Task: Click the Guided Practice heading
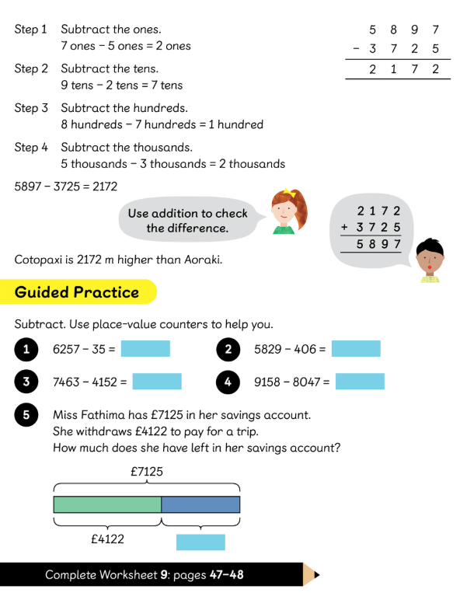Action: click(77, 292)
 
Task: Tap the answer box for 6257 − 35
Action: click(145, 349)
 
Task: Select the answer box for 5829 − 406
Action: click(356, 349)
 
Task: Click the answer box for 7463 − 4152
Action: click(157, 382)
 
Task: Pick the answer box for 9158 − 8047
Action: click(360, 382)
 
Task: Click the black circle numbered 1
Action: click(26, 350)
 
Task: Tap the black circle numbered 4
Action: click(228, 382)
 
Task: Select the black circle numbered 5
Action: click(26, 416)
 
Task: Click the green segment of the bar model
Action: click(107, 504)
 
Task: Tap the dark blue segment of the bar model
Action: click(200, 504)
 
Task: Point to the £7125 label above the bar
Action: click(146, 471)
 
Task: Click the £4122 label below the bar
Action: click(106, 539)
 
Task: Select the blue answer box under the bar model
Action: click(200, 542)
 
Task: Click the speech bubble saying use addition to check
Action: click(187, 221)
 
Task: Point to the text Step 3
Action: click(31, 108)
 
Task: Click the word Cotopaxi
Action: click(40, 259)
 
